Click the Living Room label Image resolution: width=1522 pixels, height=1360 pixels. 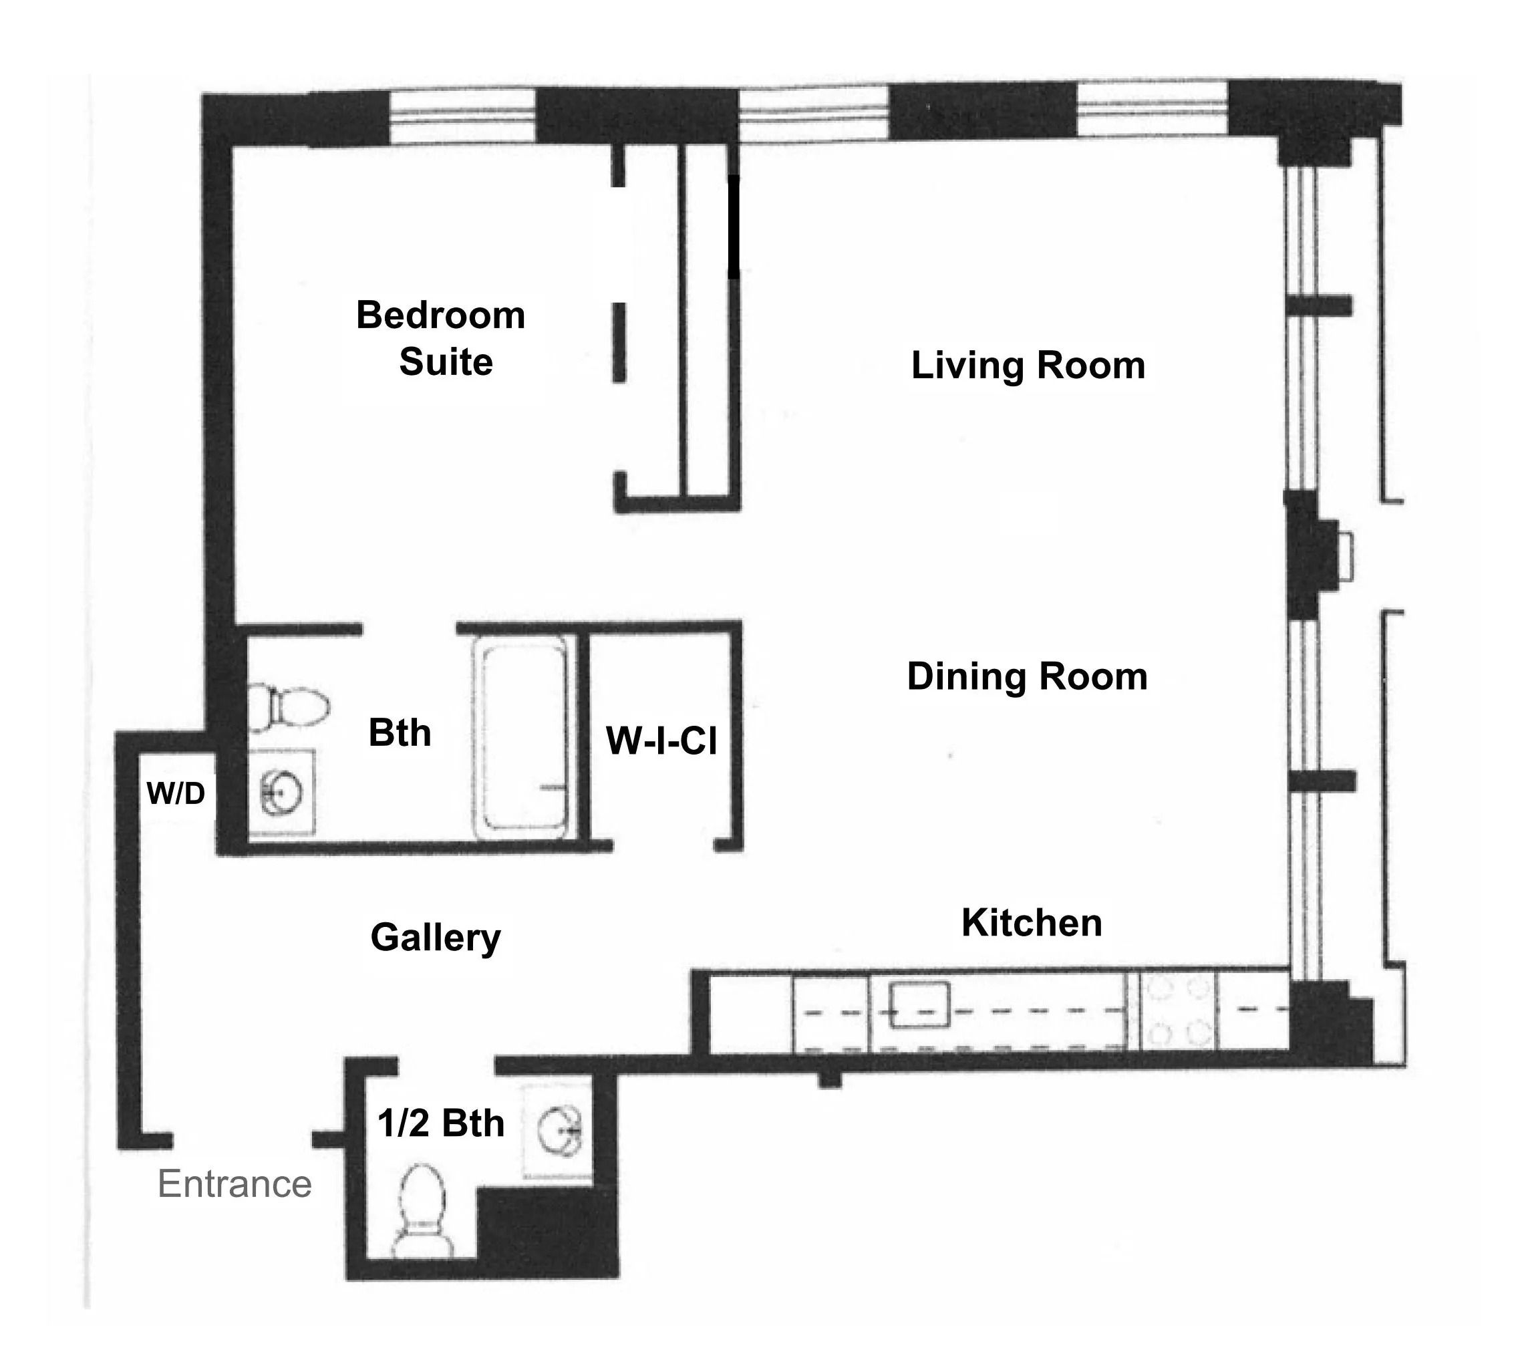click(x=1028, y=366)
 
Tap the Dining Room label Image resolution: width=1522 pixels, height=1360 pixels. click(x=1027, y=677)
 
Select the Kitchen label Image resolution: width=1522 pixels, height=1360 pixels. click(x=1031, y=923)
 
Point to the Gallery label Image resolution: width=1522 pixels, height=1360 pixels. click(x=436, y=938)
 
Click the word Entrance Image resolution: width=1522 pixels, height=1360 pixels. click(x=235, y=1184)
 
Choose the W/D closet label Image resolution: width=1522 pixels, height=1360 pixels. click(x=176, y=793)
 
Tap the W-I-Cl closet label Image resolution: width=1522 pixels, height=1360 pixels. click(x=661, y=741)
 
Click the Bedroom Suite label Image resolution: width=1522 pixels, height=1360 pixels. click(x=441, y=337)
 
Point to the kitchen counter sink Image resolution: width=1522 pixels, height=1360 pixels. click(x=920, y=1005)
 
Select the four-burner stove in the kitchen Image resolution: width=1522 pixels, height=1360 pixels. click(x=1179, y=1011)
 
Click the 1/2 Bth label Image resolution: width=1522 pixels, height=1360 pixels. click(x=441, y=1123)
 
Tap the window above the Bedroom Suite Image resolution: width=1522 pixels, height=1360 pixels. click(x=462, y=116)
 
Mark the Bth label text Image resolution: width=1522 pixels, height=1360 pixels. click(x=400, y=733)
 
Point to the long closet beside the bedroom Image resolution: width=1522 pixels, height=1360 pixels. click(x=706, y=321)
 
